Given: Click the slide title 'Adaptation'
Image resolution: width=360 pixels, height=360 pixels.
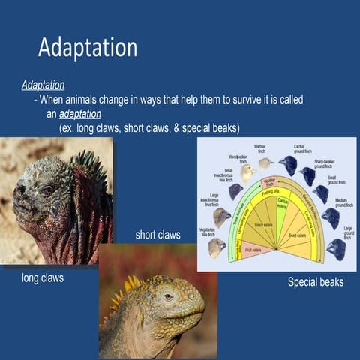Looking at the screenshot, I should (88, 48).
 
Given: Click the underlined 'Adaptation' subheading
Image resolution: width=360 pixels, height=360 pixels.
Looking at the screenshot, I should (43, 85).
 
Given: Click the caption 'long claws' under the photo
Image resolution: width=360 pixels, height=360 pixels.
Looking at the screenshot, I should (43, 278).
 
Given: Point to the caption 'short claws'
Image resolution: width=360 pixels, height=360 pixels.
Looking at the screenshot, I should (157, 235).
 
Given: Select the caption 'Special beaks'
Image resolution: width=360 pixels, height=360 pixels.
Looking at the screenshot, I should (316, 282).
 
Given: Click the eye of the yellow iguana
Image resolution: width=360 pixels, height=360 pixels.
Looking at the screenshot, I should (168, 296).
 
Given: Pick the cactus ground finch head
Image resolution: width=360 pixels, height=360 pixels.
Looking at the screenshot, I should (288, 165).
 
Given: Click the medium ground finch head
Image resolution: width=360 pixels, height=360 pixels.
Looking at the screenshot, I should (330, 217).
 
